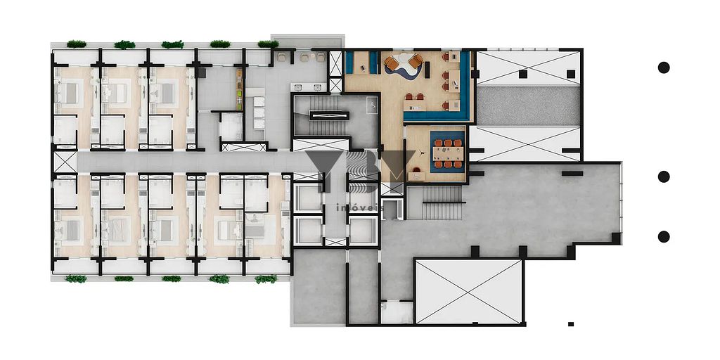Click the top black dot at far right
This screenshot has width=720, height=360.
[x=663, y=67]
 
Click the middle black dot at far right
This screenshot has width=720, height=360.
[x=663, y=176]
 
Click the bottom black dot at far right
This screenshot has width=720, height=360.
[x=663, y=236]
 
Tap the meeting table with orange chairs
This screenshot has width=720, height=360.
[x=447, y=153]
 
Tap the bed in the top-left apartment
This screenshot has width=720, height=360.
[x=71, y=91]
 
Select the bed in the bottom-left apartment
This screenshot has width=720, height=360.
[x=70, y=229]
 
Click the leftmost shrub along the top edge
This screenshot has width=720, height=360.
[x=76, y=44]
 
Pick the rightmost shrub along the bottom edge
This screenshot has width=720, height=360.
[x=266, y=279]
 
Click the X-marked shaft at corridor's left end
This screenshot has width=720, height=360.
[x=65, y=162]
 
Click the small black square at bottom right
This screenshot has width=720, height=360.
[x=571, y=324]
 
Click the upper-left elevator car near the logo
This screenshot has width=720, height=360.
[x=309, y=198]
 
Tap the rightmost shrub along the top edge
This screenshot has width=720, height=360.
[x=268, y=44]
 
